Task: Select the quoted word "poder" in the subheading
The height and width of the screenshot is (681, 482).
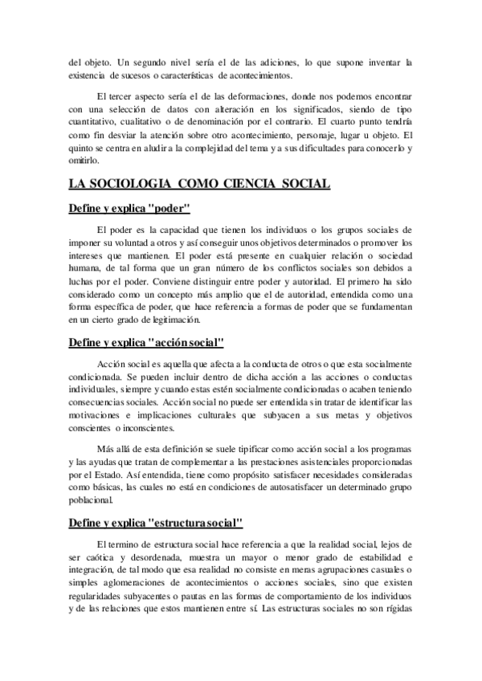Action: point(168,210)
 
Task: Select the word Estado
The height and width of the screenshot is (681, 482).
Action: point(118,474)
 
